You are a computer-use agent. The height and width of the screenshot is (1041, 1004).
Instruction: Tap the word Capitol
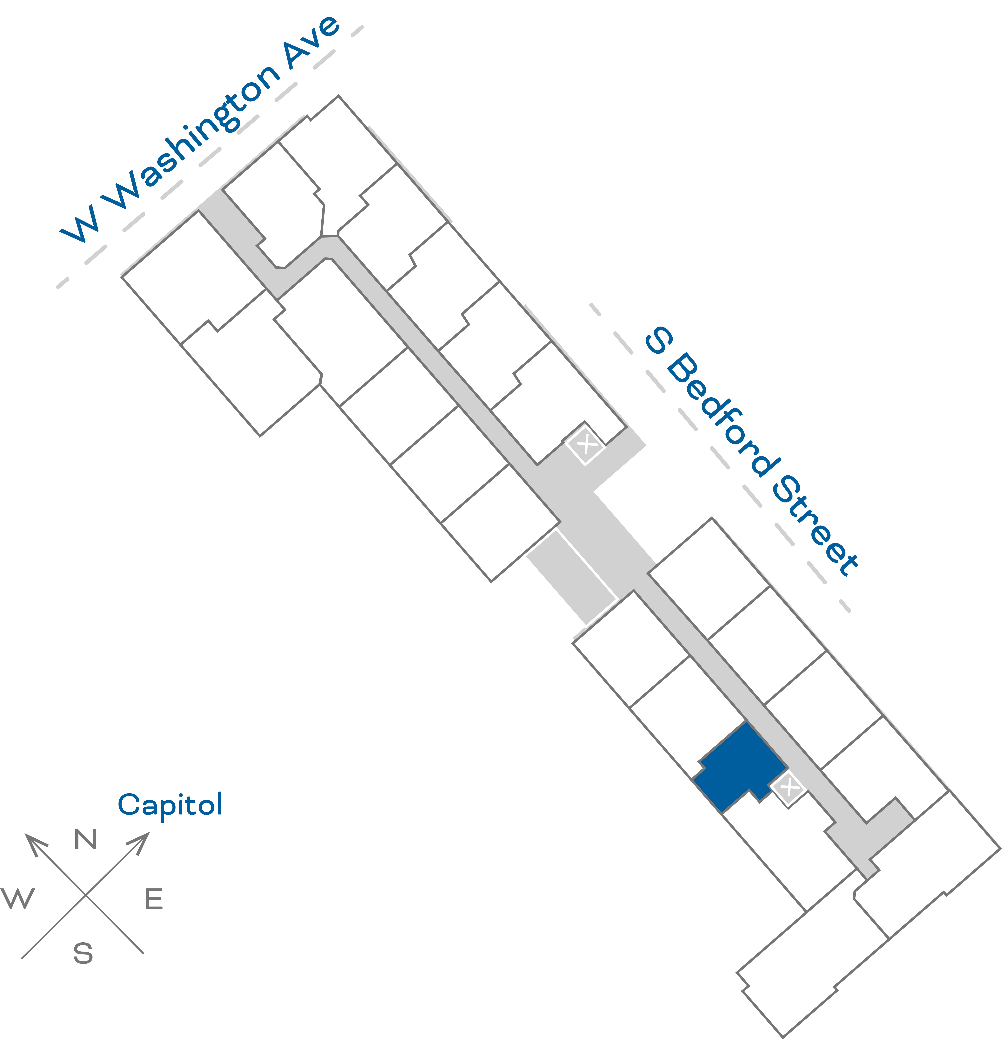(170, 805)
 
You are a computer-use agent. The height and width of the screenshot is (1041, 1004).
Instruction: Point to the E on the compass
(154, 899)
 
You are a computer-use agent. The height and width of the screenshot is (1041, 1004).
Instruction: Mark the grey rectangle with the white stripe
(571, 576)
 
